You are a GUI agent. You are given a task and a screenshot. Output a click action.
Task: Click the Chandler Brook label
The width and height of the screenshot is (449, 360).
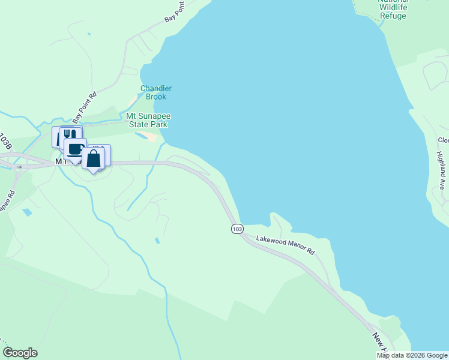[156, 92]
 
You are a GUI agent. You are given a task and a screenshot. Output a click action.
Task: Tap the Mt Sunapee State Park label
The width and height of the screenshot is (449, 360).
[146, 120]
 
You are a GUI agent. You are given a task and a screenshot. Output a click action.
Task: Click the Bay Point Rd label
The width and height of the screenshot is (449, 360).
[85, 106]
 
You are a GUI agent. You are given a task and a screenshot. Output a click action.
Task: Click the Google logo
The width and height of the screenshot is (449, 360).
[20, 353]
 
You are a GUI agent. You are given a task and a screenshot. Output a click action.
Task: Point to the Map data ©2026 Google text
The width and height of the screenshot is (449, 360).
[412, 355]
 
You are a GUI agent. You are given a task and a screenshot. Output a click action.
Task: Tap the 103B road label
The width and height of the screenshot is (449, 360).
[5, 142]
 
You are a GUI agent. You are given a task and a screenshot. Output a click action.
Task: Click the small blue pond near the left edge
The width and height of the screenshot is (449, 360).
[26, 212]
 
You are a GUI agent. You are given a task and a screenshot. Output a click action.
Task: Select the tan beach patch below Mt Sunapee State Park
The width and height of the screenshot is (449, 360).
[152, 137]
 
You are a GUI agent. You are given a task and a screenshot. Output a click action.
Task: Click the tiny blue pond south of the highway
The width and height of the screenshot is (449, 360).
[157, 241]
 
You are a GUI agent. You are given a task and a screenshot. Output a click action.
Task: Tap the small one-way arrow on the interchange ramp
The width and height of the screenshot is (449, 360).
[19, 167]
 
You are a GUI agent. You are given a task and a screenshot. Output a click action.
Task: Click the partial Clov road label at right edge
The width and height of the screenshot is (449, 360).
[443, 140]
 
